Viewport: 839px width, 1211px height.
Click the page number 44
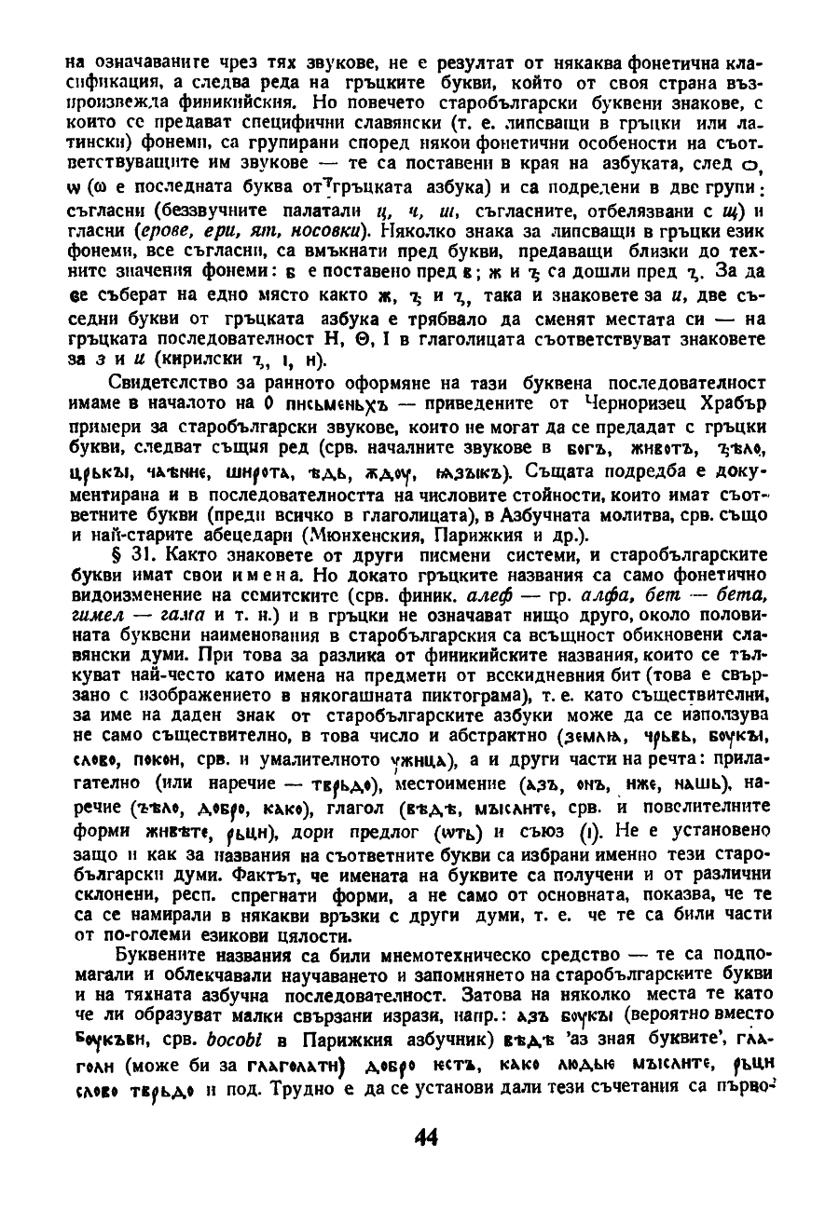click(x=425, y=1163)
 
